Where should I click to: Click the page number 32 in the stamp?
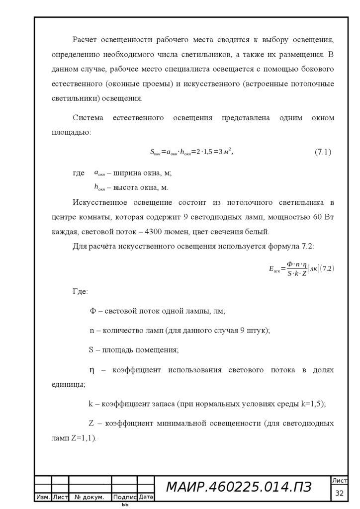click(340, 493)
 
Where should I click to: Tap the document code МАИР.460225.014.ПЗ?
click(238, 488)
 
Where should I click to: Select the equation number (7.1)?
click(323, 152)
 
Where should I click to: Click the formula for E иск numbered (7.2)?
click(301, 268)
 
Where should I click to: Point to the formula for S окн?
click(191, 152)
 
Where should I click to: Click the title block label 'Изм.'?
click(43, 497)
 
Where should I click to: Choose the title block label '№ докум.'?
click(90, 497)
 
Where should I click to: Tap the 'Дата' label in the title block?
click(146, 497)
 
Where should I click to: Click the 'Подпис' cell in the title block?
click(125, 497)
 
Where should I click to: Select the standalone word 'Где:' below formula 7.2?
click(80, 291)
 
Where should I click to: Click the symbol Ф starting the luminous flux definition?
click(92, 311)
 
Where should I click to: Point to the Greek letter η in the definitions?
click(91, 370)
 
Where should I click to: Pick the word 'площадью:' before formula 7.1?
click(71, 132)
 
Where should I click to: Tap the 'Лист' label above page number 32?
click(340, 481)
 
